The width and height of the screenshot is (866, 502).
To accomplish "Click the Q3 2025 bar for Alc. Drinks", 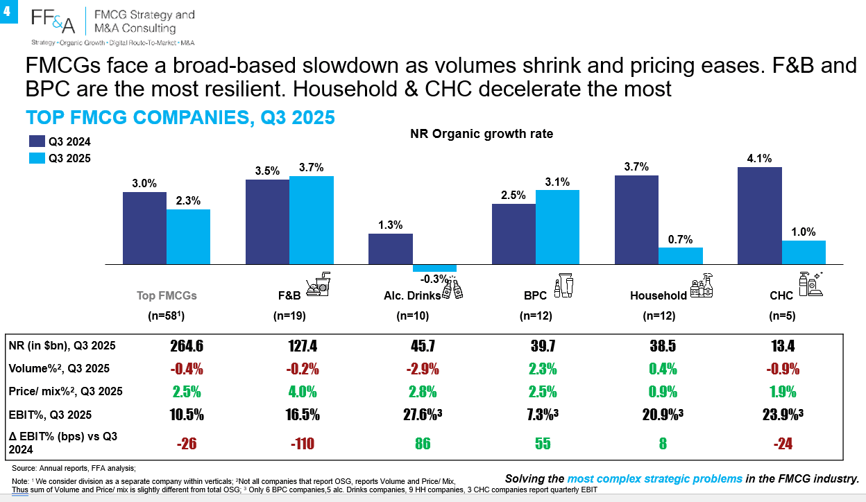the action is click(434, 268).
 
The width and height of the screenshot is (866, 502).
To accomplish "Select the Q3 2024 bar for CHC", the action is click(760, 216).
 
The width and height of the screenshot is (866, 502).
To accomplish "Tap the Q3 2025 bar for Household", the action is click(681, 256).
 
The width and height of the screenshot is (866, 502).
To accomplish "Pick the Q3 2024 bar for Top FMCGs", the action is click(144, 228).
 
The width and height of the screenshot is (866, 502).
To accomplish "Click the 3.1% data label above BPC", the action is click(557, 182).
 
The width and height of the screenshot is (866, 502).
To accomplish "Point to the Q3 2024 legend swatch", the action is click(37, 141).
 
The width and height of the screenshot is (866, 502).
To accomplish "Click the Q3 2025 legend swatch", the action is click(37, 158).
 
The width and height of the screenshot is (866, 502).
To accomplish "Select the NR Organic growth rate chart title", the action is click(482, 134).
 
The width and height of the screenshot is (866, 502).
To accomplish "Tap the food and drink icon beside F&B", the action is click(319, 284).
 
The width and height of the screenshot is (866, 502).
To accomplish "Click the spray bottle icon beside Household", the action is click(702, 286).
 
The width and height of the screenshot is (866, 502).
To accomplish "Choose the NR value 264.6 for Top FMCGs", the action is click(187, 345).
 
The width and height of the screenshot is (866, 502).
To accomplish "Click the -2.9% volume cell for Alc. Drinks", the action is click(423, 369).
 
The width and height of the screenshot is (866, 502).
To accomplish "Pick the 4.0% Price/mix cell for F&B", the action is click(303, 392).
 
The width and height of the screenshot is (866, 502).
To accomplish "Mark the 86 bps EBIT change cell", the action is click(423, 443).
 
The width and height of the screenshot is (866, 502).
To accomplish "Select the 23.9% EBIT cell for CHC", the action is click(783, 415).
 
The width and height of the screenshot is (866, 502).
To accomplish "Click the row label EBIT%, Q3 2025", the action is click(50, 415).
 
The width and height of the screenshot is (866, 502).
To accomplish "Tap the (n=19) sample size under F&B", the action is click(289, 315).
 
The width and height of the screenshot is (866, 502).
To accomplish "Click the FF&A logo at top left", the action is click(53, 21).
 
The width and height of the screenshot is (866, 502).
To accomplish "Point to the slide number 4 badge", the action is click(8, 11).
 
